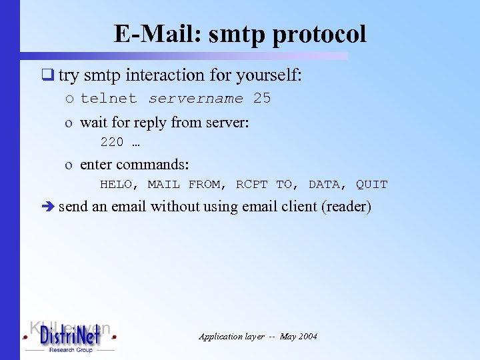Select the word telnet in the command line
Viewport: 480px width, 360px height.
108,99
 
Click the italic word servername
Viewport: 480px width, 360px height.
196,99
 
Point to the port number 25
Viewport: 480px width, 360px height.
262,99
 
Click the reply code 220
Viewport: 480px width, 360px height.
111,142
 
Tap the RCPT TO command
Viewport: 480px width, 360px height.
264,185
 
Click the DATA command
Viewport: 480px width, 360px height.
323,185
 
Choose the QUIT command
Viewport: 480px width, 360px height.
371,185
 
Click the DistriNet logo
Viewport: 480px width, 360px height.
70,336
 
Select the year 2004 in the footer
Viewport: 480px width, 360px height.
307,337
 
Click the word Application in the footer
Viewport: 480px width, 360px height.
221,337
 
